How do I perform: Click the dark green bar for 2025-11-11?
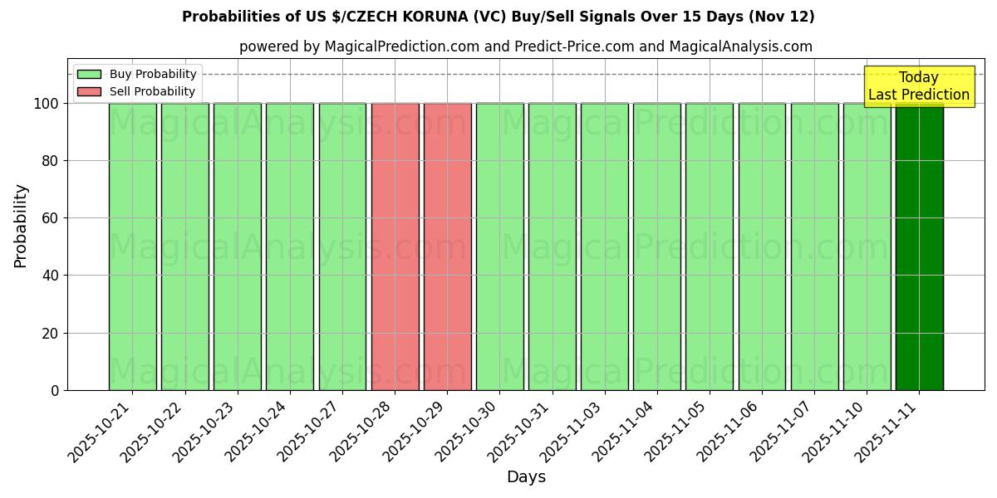(x=919, y=247)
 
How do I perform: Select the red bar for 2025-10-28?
(x=395, y=247)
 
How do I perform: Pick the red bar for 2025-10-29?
(x=447, y=247)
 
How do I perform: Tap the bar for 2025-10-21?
(x=132, y=247)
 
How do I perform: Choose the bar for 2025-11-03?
(x=604, y=247)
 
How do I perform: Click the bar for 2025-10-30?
(x=499, y=247)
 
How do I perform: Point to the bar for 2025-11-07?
(x=814, y=247)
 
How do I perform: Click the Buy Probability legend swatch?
(x=89, y=75)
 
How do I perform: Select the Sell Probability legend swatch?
(x=89, y=92)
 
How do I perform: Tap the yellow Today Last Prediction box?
(x=918, y=86)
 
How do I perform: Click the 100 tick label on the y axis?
(x=47, y=104)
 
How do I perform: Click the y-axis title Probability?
(x=21, y=226)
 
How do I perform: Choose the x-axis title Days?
(x=526, y=477)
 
